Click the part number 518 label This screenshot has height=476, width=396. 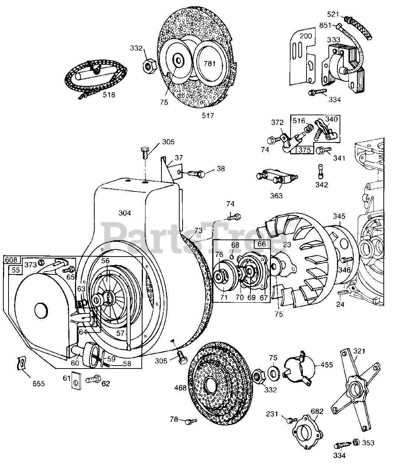109,95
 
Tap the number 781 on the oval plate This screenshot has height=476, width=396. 209,64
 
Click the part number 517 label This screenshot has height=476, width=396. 208,116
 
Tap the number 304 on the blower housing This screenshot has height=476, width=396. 125,213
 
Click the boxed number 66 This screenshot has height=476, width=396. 262,244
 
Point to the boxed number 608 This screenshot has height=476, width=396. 10,260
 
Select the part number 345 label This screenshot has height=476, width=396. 339,216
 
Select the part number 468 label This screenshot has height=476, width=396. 181,388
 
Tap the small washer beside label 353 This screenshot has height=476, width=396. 355,442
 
